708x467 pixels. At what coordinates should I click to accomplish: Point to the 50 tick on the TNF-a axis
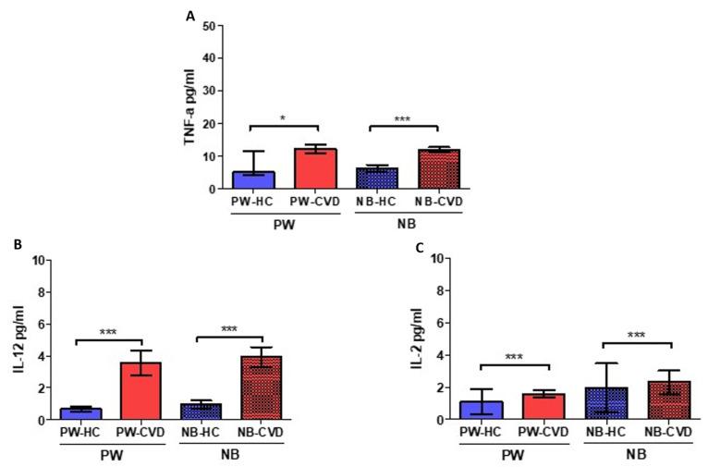pyautogui.click(x=210, y=25)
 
